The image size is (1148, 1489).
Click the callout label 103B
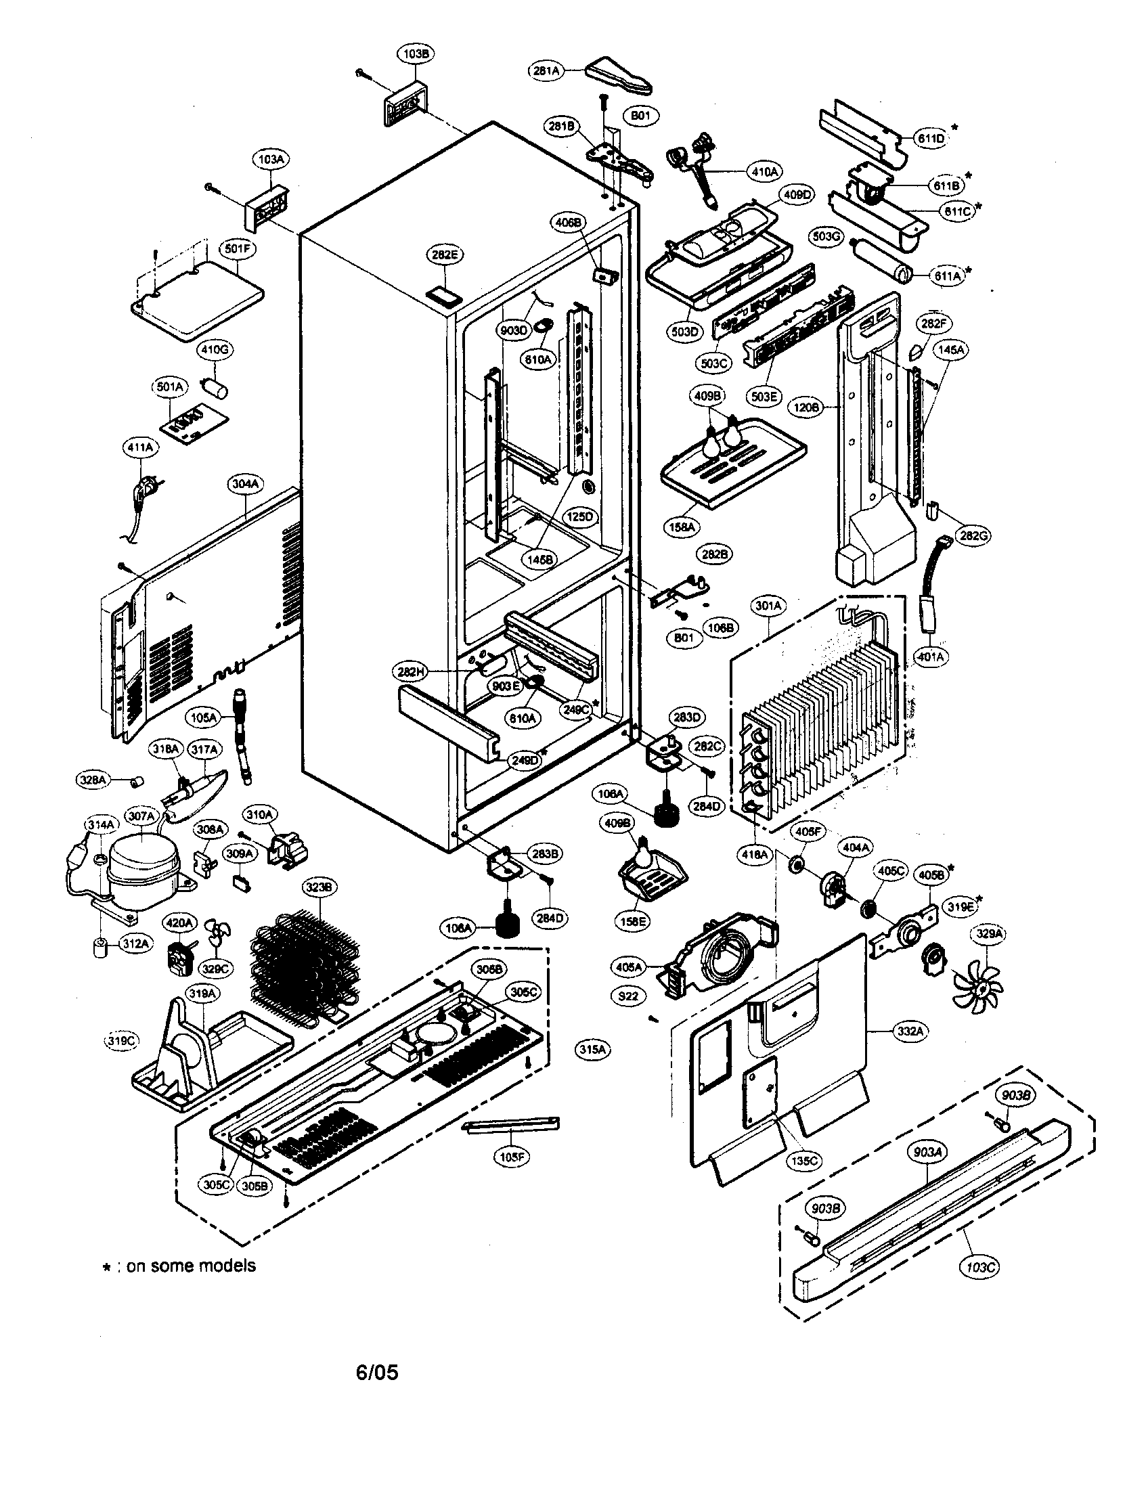point(415,54)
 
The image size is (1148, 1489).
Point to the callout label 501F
point(236,249)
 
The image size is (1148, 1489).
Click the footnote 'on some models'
point(191,1266)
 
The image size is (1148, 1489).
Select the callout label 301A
point(769,604)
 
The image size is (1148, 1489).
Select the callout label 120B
point(805,407)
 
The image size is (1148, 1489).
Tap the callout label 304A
point(245,484)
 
